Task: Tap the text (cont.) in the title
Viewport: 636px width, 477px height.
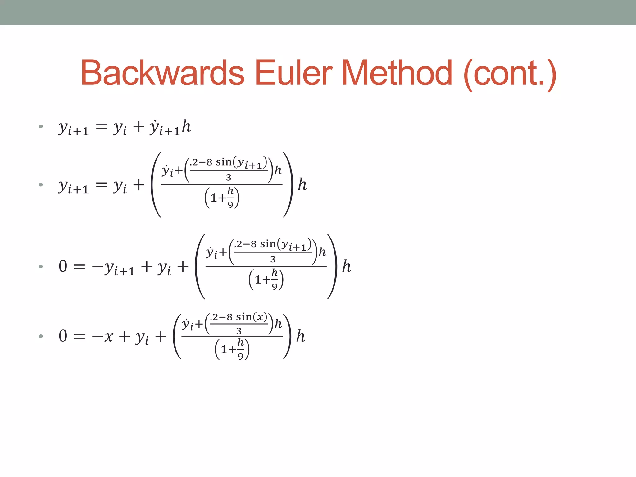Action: (x=510, y=75)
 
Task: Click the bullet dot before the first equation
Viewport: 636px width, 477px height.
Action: (x=41, y=126)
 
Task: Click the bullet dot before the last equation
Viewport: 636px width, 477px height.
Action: (x=41, y=336)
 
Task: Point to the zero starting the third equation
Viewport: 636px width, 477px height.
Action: (x=63, y=266)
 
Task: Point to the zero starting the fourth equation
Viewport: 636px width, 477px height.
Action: (x=63, y=336)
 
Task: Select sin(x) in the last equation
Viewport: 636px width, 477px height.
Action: (x=251, y=317)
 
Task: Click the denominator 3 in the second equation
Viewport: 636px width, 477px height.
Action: (x=229, y=178)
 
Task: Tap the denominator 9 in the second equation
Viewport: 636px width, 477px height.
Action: (x=230, y=205)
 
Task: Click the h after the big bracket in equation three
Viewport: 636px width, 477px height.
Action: (x=346, y=266)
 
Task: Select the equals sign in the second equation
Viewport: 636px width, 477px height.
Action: (x=101, y=185)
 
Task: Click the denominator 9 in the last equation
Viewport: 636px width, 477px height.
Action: (x=240, y=356)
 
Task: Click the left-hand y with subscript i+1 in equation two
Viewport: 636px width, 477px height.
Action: (x=74, y=187)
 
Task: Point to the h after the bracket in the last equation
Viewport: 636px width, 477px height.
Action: (x=300, y=336)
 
